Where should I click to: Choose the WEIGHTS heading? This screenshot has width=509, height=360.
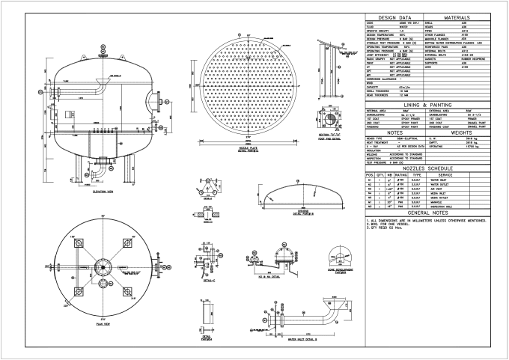(x=461, y=133)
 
